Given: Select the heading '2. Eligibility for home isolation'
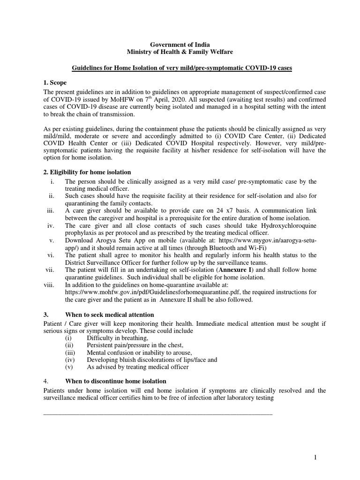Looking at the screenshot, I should point(87,172).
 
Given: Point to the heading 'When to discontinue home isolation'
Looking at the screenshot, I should point(116,381).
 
